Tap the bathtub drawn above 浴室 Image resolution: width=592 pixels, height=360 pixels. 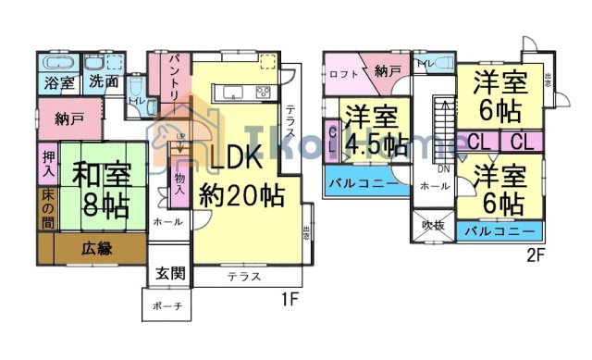coord(58,63)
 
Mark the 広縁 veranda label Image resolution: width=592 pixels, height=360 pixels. coord(96,248)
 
